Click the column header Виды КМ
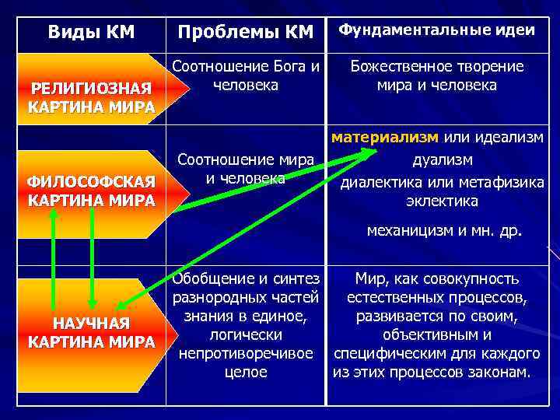(91, 32)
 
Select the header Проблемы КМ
(245, 32)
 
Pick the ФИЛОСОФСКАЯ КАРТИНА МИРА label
(91, 191)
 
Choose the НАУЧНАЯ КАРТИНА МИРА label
(91, 333)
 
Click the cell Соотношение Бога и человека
(246, 75)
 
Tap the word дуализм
(441, 160)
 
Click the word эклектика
(441, 201)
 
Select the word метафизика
(506, 181)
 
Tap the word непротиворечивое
(246, 353)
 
